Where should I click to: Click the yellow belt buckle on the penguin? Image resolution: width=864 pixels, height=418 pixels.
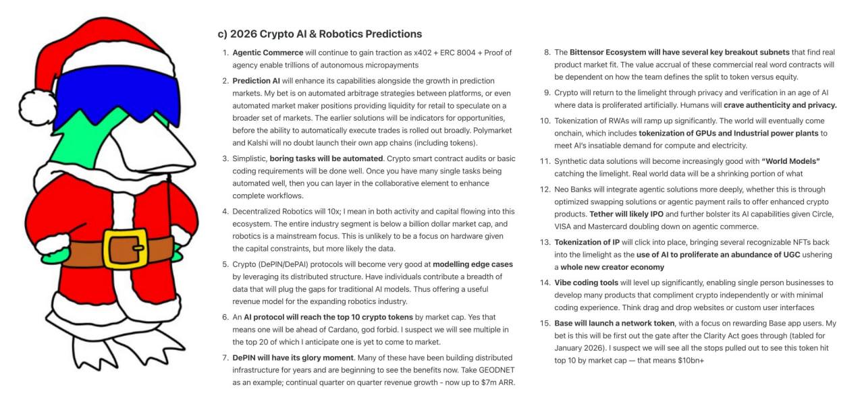click(x=126, y=249)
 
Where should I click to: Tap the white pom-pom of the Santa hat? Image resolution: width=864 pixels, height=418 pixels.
click(x=38, y=107)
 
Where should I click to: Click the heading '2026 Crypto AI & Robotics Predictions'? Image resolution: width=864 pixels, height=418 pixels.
click(x=326, y=34)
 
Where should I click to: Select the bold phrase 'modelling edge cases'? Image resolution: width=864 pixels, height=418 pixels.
click(x=473, y=264)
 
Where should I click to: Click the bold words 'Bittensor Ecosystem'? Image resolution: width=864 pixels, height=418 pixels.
click(x=608, y=52)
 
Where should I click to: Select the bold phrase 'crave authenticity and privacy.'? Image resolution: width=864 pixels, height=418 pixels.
click(x=780, y=104)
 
